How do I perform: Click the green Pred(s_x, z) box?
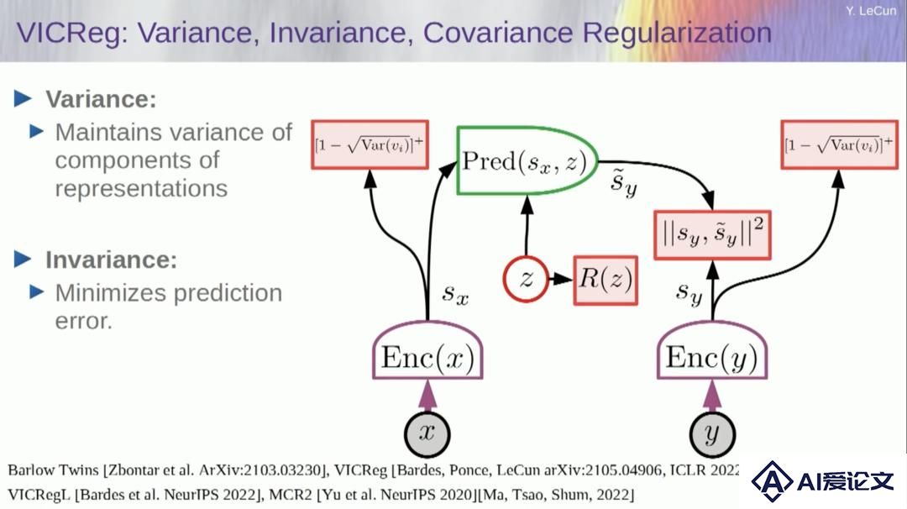[527, 160]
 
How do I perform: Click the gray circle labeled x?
[427, 433]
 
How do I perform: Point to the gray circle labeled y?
[712, 433]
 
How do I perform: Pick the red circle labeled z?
[526, 280]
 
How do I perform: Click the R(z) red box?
[606, 280]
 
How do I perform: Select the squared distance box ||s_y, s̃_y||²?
[712, 235]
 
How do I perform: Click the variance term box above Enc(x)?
[370, 144]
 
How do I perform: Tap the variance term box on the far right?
[839, 144]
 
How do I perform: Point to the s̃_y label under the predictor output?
[624, 183]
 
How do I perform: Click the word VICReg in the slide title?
[71, 33]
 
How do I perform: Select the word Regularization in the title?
[677, 33]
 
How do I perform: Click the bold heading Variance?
[102, 99]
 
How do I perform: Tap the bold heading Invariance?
[111, 260]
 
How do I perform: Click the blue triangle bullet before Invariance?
[23, 260]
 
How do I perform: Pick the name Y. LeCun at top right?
[871, 10]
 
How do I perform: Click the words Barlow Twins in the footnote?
[53, 470]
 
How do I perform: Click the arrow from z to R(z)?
[560, 280]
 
